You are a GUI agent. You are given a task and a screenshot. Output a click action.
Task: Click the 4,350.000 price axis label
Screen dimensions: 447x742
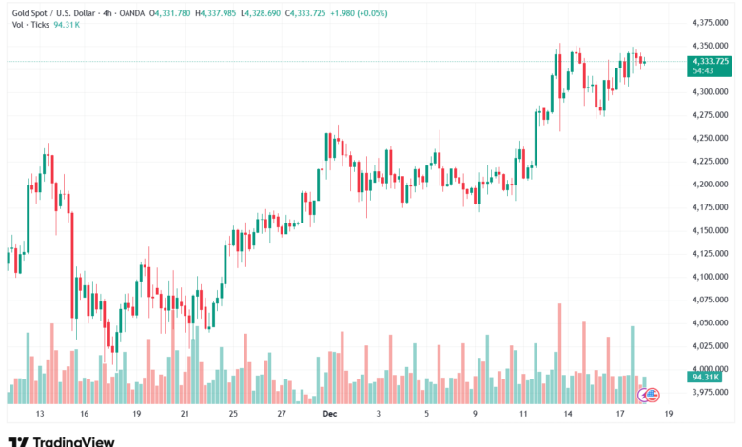click(x=708, y=46)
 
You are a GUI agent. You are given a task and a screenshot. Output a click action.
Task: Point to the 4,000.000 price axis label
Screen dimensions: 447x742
click(x=708, y=369)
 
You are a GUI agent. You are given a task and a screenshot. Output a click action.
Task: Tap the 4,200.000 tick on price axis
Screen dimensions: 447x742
click(x=708, y=185)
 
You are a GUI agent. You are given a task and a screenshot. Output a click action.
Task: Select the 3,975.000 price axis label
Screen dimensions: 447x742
click(x=708, y=392)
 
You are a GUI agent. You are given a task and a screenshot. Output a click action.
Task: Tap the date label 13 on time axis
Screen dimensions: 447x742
click(x=39, y=415)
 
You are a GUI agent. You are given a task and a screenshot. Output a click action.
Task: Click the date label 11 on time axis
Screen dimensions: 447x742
click(x=525, y=415)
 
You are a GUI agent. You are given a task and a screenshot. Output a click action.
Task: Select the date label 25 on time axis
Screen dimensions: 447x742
click(x=233, y=415)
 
